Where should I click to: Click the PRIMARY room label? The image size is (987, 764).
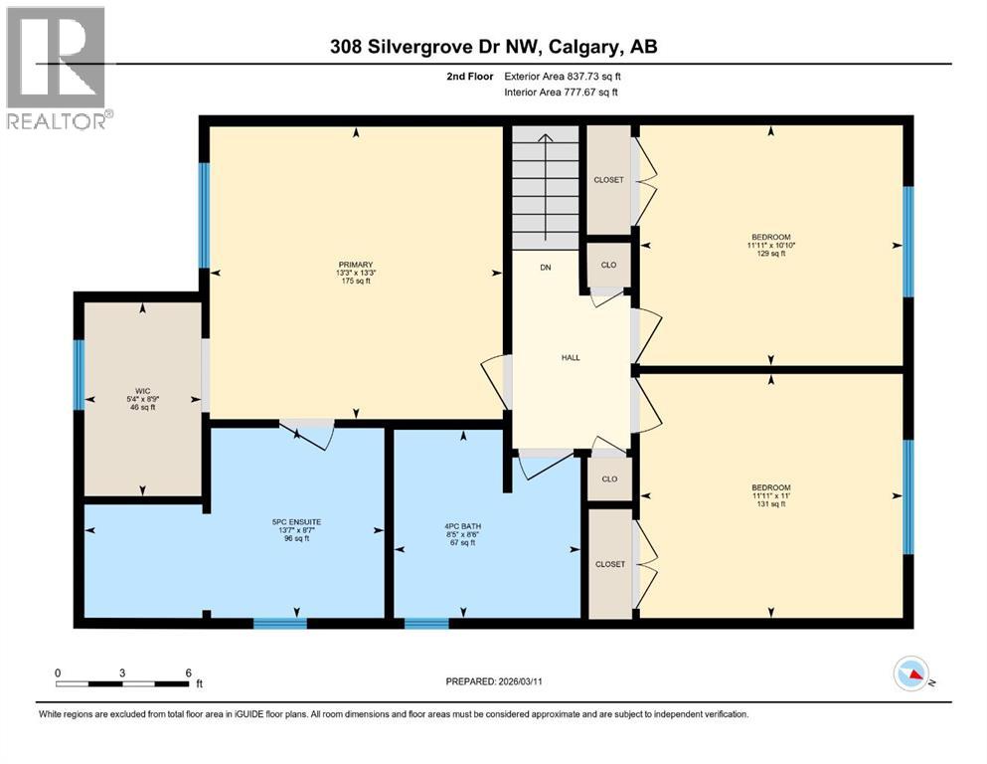point(354,264)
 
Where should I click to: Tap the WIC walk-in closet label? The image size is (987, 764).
point(142,389)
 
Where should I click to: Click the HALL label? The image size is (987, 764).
point(570,358)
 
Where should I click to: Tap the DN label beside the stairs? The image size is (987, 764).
point(546,268)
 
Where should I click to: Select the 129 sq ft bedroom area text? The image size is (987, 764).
point(770,254)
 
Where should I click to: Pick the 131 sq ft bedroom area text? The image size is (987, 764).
point(770,503)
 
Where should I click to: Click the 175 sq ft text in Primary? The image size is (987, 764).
point(354,282)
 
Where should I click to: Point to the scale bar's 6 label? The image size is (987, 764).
point(188,672)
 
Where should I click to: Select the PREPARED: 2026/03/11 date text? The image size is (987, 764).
point(493,681)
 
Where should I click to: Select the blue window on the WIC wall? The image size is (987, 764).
point(79,374)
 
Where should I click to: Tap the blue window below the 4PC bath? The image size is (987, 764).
point(426,624)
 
